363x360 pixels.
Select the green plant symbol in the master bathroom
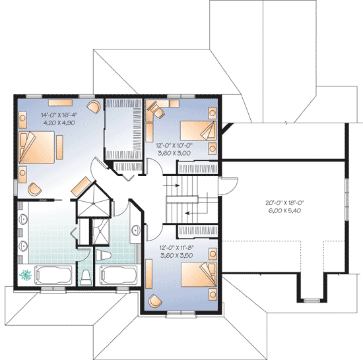pos(26,274)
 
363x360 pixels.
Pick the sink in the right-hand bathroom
pos(135,231)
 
